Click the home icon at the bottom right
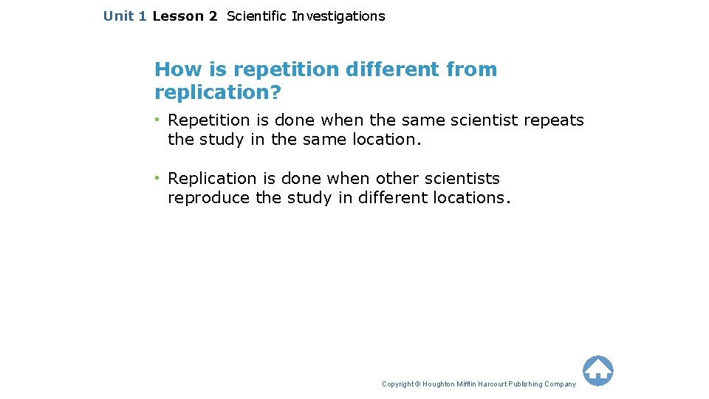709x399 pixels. click(x=597, y=370)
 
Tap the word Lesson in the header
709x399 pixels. click(x=178, y=16)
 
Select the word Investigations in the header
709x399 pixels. click(x=338, y=16)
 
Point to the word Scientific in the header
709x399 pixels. click(x=256, y=16)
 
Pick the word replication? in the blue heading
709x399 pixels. click(x=219, y=92)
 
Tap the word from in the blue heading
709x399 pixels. click(x=472, y=69)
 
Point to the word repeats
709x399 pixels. click(x=554, y=120)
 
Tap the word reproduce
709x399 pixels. click(x=208, y=197)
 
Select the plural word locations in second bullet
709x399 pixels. click(x=470, y=197)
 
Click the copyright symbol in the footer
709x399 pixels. click(x=417, y=384)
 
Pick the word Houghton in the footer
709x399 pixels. click(x=439, y=384)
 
